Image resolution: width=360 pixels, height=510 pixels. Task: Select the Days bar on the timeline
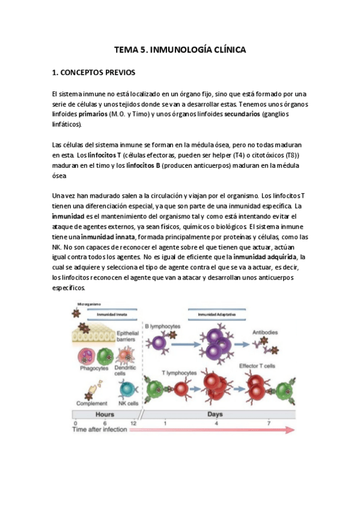coord(215,414)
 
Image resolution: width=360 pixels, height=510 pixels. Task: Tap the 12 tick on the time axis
coord(133,423)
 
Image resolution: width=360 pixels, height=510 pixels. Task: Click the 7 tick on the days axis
coord(269,423)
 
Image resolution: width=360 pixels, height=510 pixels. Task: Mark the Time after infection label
coord(100,431)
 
